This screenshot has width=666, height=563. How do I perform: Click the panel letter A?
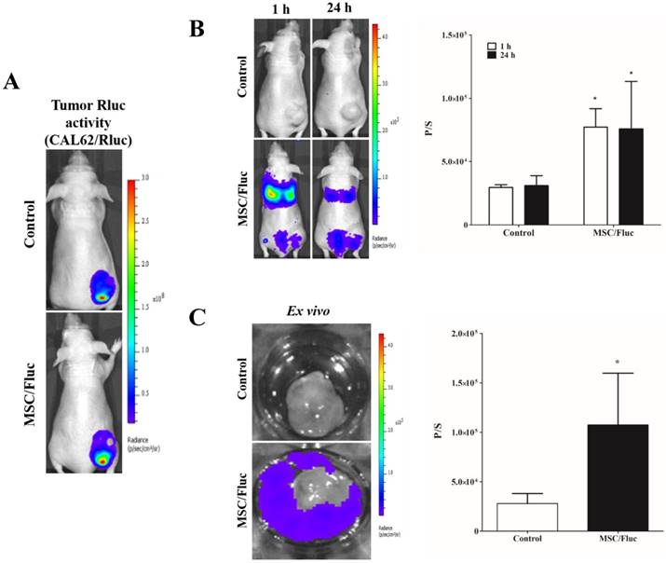pos(12,81)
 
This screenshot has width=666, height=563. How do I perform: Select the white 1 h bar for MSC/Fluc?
pos(595,176)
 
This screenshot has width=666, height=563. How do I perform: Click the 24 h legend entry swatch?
pos(494,56)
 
